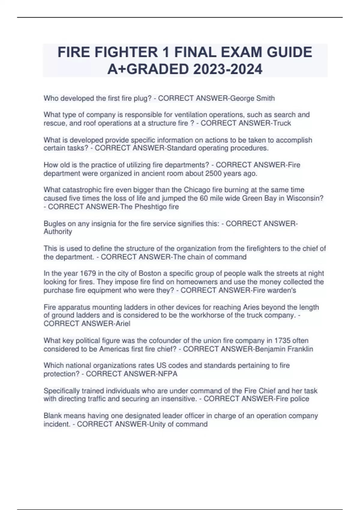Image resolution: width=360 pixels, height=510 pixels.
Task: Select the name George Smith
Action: click(252, 98)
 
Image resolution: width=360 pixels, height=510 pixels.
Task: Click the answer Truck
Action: click(280, 123)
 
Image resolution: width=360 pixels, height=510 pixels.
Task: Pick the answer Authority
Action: click(58, 232)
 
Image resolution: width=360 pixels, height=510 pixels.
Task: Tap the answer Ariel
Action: click(122, 323)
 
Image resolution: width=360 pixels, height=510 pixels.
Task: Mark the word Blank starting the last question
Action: click(53, 416)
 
